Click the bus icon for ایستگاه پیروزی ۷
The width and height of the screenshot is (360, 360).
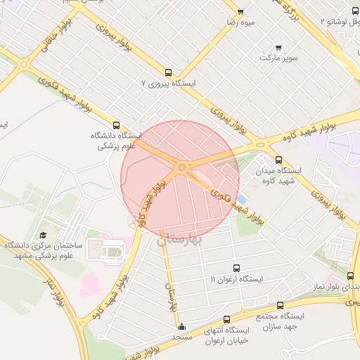pos(167,72)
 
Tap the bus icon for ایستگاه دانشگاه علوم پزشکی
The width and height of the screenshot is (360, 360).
pos(116,125)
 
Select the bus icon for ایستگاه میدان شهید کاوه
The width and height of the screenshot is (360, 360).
pos(278,160)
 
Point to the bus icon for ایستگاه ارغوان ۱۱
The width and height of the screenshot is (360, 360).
pos(236,268)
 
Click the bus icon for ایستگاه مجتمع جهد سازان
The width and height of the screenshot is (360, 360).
pos(280,305)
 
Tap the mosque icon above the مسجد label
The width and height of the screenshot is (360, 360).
pos(182,326)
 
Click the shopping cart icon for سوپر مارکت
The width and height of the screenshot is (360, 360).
pos(278,48)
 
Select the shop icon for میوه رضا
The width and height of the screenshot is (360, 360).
pos(240,12)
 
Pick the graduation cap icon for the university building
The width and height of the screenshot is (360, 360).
pos(43,235)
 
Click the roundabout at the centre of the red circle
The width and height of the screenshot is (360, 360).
pos(182,167)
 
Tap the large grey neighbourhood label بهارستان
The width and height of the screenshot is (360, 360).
pos(179,240)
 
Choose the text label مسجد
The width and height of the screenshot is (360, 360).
pos(182,337)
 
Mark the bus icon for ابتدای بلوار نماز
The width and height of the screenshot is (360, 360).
pos(350,276)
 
